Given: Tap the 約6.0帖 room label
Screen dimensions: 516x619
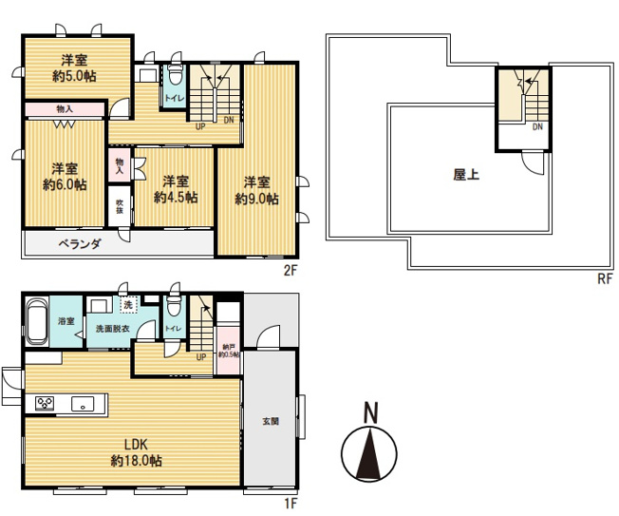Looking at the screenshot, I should (65, 185).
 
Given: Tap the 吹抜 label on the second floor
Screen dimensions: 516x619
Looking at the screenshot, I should (121, 206).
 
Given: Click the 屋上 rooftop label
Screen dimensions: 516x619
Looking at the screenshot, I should (465, 174).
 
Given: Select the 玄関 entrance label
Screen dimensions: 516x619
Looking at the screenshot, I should (271, 421).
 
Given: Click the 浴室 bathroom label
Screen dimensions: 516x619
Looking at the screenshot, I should (67, 321).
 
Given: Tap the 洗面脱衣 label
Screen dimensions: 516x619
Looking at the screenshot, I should (111, 330).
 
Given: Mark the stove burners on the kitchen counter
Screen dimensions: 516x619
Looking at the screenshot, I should (45, 404).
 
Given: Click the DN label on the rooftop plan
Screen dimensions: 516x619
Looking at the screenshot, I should (537, 127).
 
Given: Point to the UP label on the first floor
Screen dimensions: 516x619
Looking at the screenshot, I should (200, 357).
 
